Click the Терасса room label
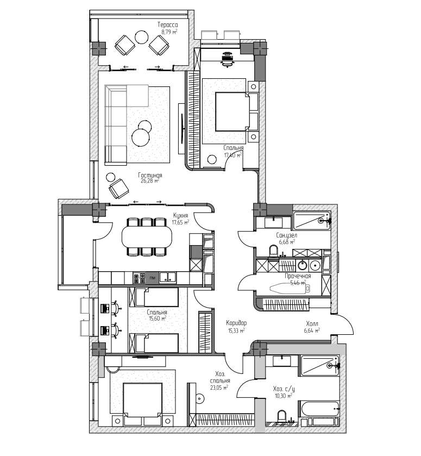click(167, 25)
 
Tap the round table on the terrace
click(142, 37)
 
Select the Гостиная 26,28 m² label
click(150, 178)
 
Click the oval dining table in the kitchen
click(147, 236)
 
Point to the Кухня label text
click(180, 215)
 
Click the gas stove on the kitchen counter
click(139, 278)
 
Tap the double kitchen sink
click(167, 277)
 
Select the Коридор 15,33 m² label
click(236, 326)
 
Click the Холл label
click(312, 324)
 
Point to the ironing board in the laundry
click(290, 288)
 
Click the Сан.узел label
click(287, 235)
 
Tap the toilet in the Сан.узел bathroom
click(274, 251)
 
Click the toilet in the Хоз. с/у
click(282, 416)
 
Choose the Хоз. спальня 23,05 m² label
click(220, 380)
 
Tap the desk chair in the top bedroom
click(227, 59)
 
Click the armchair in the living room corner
click(119, 189)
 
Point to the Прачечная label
click(298, 276)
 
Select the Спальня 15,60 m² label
click(157, 315)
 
